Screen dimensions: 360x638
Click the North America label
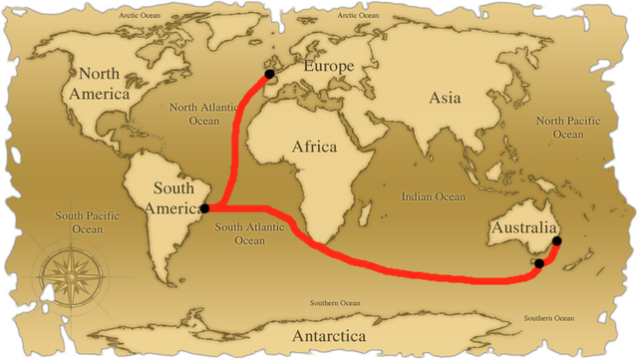pos(105,84)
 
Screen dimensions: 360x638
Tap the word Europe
pos(329,67)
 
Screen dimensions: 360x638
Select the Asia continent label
pos(446,98)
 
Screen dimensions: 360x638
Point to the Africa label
pos(315,147)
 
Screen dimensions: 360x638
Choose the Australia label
pos(521,231)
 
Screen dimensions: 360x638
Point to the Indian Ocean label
pos(434,197)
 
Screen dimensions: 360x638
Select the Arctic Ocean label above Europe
pos(361,16)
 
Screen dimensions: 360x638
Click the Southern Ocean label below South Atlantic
pos(334,302)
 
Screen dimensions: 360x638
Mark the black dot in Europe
pos(269,74)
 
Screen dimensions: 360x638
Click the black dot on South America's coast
pos(203,208)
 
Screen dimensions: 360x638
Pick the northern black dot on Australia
pos(556,240)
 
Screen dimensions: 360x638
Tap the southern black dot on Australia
pos(538,264)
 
